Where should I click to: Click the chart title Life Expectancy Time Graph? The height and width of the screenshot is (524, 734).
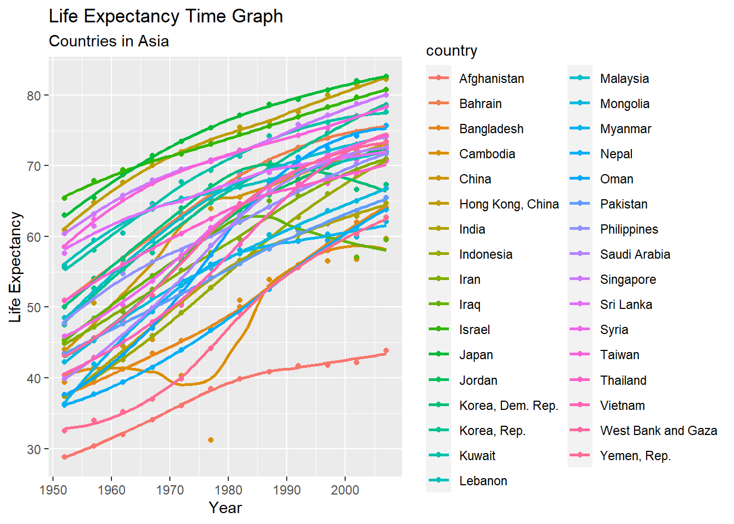166,16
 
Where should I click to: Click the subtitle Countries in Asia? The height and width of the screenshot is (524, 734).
109,41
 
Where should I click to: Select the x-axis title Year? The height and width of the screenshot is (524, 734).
225,508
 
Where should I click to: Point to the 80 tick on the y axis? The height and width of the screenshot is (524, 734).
34,96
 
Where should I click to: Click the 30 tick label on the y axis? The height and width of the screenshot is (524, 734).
34,449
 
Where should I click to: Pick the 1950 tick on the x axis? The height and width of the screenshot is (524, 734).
53,490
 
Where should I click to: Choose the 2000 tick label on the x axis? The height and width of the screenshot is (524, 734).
345,490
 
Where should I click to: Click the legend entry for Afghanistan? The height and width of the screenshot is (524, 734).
491,79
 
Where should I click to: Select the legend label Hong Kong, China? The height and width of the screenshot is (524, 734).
508,204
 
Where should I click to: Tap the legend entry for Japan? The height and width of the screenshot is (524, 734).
476,355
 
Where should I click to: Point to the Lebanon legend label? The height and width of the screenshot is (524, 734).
483,481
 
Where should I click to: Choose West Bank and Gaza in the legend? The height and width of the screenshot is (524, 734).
658,431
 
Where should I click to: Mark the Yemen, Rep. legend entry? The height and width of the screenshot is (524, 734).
635,456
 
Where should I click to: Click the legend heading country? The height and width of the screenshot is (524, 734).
452,51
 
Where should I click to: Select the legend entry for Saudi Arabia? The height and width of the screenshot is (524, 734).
635,254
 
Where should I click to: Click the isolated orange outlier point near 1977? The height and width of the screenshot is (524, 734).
211,440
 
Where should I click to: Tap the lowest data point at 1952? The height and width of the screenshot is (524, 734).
64,457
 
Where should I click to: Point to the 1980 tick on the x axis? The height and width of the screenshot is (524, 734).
228,490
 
